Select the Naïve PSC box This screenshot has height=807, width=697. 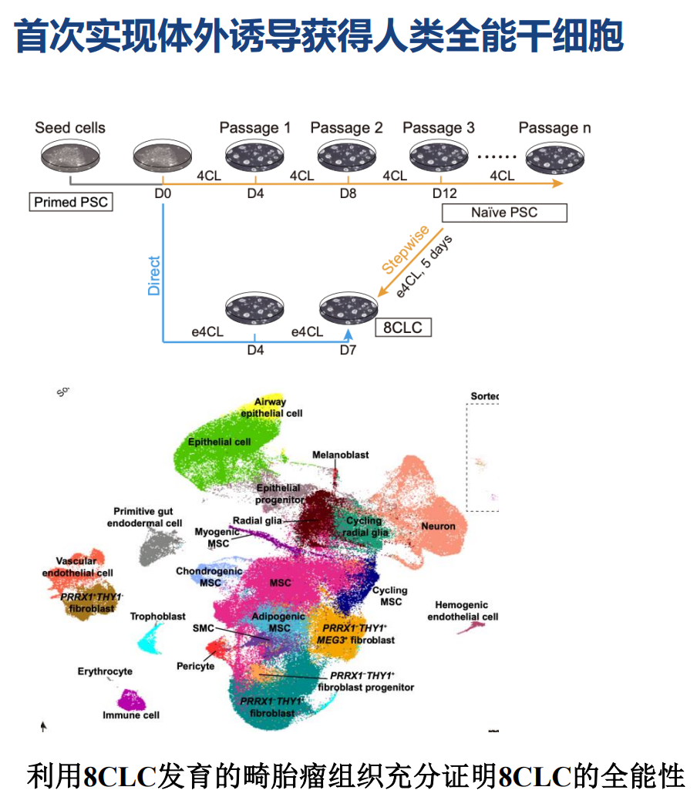(504, 212)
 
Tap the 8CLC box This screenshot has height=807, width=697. (402, 327)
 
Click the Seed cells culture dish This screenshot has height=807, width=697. (70, 156)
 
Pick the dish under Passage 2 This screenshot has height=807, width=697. (347, 157)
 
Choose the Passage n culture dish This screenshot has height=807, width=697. (555, 159)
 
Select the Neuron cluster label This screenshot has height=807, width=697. (438, 526)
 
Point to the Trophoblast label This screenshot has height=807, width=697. (157, 617)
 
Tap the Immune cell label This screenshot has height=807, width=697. (131, 715)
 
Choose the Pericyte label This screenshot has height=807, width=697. (195, 666)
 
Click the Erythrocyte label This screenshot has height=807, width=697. (105, 671)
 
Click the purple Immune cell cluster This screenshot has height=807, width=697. (131, 700)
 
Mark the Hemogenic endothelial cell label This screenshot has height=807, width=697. (463, 611)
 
